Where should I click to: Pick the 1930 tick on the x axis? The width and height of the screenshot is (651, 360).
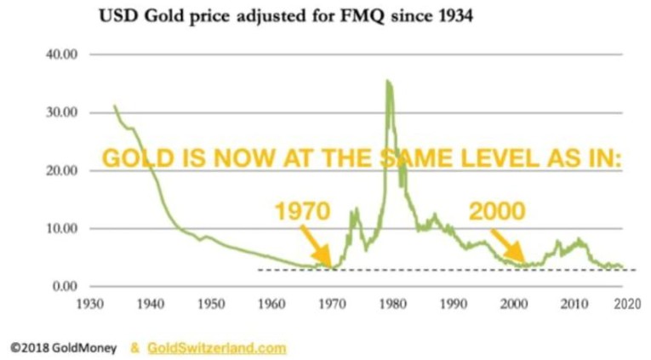coord(89,302)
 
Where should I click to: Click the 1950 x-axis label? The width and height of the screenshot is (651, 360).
coord(210,302)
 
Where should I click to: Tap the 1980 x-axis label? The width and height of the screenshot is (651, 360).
coord(391,302)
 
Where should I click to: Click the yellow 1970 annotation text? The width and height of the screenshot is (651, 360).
coord(301,211)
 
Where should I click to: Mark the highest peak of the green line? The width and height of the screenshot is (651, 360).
coord(387,82)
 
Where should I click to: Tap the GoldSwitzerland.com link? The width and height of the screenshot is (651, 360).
coord(217,347)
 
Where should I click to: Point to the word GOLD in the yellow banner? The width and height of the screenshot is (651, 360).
coord(131,160)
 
